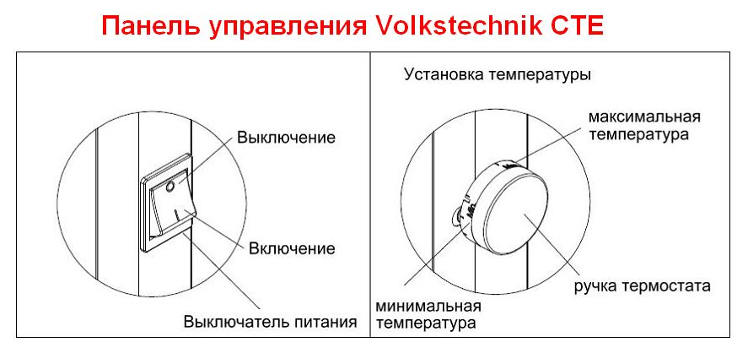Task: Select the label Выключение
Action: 286,138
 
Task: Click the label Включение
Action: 292,248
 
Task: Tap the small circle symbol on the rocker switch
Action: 170,187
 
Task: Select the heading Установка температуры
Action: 498,75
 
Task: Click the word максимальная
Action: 644,117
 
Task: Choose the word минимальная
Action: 428,306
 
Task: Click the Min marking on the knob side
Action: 473,212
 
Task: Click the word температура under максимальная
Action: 638,135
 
